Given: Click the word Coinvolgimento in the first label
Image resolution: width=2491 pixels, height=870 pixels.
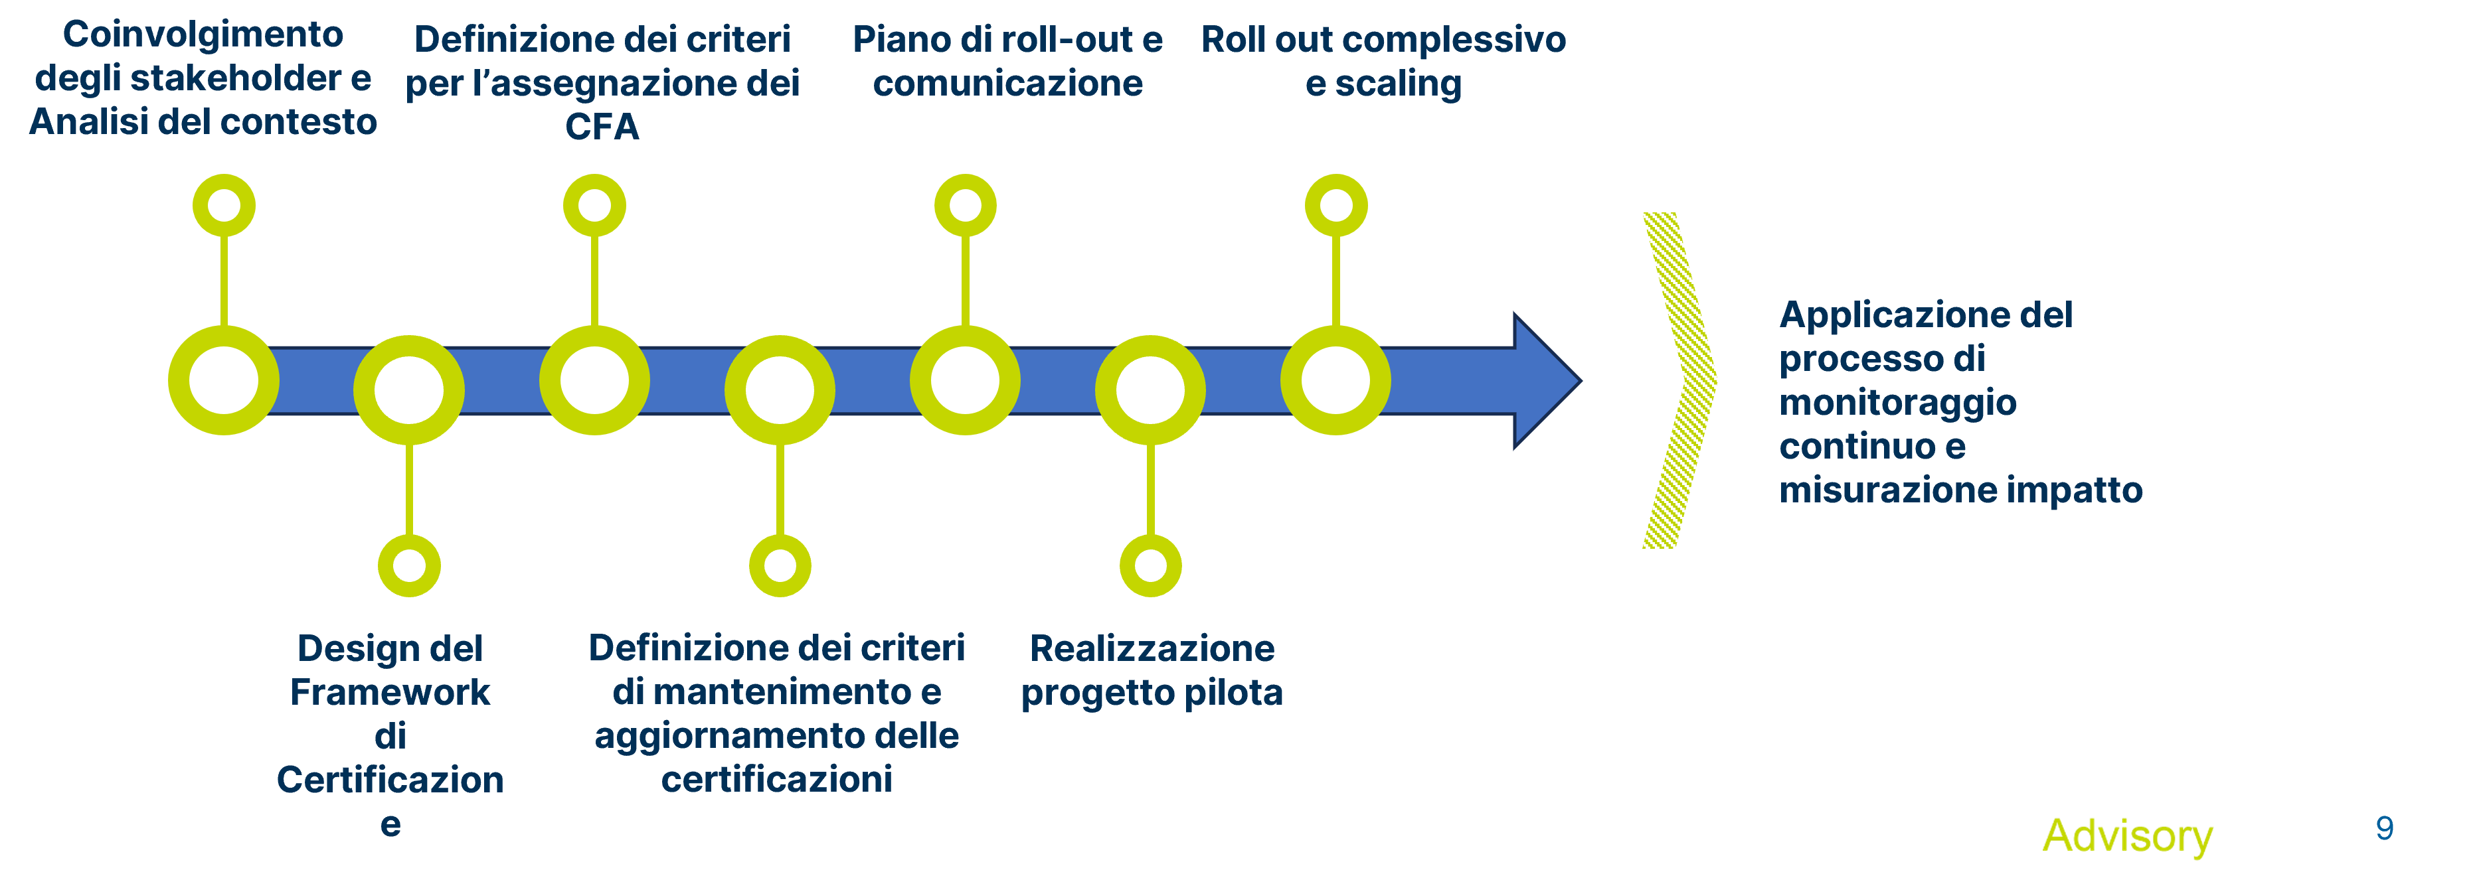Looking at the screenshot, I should tap(203, 35).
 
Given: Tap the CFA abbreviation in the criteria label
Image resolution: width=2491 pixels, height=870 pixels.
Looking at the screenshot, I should tap(602, 127).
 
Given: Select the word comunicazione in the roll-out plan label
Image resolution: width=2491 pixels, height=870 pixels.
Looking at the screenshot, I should tap(1007, 84).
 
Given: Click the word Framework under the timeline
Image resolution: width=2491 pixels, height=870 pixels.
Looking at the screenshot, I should tap(390, 692).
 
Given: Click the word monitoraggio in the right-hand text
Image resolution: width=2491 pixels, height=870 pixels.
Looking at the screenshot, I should tap(1897, 402).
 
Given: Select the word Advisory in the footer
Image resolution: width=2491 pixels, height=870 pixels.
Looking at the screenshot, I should tap(2127, 835).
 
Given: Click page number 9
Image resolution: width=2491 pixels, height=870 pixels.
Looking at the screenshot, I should tap(2385, 828).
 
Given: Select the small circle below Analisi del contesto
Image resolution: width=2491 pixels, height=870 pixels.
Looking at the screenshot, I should tap(223, 205).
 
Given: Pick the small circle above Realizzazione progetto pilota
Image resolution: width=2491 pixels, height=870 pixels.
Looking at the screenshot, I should tap(1150, 565).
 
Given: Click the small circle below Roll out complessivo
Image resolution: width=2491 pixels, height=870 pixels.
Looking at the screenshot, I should tap(1335, 205).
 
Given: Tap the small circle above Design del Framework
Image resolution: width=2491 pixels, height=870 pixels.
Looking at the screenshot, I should tap(409, 565).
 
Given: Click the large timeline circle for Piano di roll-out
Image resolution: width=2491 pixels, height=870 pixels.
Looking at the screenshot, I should tap(965, 380).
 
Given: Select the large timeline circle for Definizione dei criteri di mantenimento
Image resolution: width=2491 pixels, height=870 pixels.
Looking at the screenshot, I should tap(780, 390).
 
